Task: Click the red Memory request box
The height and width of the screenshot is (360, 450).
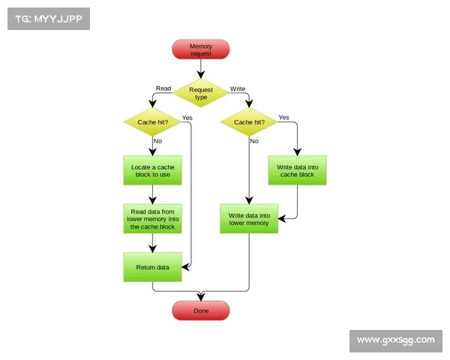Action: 200,49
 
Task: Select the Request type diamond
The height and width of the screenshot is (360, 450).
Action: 200,93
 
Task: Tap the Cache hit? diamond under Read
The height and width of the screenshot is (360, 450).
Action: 152,122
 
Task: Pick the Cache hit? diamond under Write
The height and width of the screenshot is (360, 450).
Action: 249,122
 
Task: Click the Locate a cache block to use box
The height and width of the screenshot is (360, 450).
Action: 152,170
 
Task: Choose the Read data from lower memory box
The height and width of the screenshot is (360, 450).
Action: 152,219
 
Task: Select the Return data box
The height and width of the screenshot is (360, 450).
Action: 152,267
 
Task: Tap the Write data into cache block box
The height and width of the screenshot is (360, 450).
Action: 297,170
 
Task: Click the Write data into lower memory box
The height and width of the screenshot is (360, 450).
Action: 249,218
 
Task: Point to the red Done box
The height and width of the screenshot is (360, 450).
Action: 200,310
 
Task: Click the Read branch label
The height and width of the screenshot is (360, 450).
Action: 163,88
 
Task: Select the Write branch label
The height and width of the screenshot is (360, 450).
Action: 237,88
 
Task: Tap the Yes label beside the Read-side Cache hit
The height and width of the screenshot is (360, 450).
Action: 187,118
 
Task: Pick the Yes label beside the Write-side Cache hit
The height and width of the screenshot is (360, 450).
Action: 283,118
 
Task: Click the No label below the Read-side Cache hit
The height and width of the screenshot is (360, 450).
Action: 158,141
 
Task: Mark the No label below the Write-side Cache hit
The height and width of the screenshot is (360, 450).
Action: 254,141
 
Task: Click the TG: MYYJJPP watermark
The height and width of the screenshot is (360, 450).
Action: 48,19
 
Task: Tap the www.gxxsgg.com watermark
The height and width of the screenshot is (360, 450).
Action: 395,340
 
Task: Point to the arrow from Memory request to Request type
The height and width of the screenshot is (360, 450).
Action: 200,69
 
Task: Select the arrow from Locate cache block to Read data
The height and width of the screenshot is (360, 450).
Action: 152,194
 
